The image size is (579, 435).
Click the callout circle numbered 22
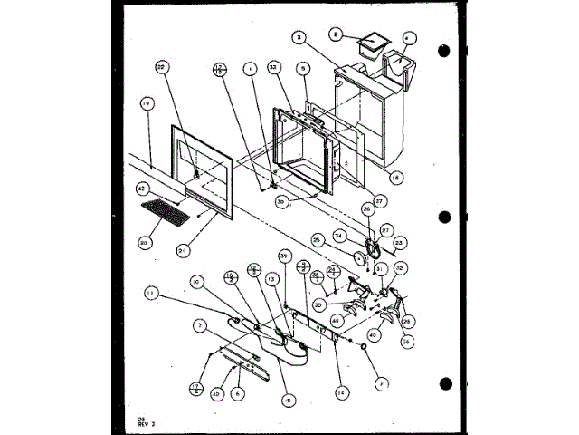tap(162, 67)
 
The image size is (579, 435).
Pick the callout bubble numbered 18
tap(393, 179)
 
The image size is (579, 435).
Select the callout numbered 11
tap(151, 292)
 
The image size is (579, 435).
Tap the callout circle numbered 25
tap(318, 239)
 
